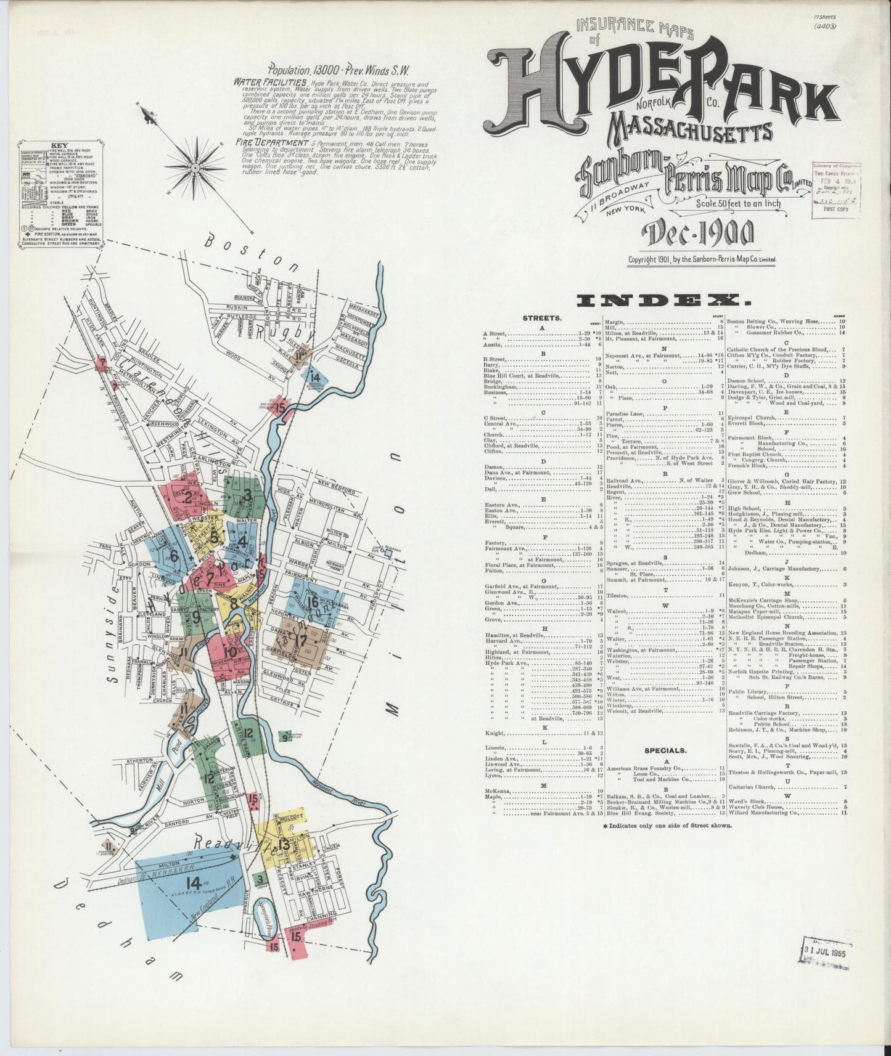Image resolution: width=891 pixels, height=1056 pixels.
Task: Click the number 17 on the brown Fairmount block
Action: pos(300,640)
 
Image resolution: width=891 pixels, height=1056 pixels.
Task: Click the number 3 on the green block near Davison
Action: pos(247,493)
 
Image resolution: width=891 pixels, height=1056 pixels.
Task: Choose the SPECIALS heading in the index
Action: pos(665,750)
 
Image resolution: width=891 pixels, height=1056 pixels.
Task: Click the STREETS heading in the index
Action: pos(542,319)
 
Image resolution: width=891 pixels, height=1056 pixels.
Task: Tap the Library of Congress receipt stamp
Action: pos(836,187)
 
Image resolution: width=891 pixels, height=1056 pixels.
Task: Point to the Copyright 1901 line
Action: pos(702,260)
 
